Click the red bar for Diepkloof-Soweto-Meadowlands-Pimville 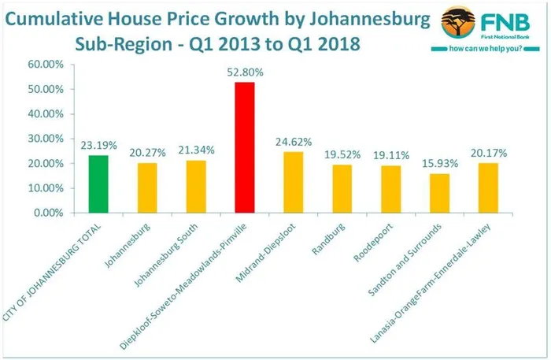click(x=245, y=147)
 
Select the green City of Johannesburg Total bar click(x=98, y=184)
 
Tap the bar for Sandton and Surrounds click(x=440, y=193)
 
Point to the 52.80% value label click(x=245, y=72)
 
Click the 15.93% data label click(x=440, y=164)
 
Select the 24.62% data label click(x=294, y=143)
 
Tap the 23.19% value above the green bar click(x=98, y=146)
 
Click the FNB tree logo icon click(x=461, y=23)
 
